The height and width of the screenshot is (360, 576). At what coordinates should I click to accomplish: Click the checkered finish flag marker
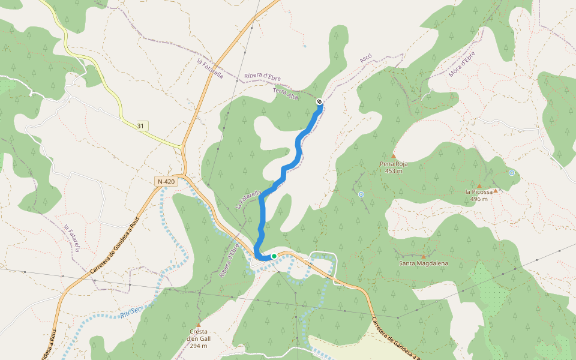click(x=319, y=101)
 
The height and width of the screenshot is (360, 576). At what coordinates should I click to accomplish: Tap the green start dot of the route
click(x=274, y=256)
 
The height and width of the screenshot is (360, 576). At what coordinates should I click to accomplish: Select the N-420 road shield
click(x=166, y=181)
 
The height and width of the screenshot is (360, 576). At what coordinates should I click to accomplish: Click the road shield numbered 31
click(x=140, y=126)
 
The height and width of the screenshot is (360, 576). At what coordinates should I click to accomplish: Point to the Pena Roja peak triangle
click(x=394, y=155)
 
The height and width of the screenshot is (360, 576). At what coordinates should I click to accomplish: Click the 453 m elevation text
click(x=394, y=170)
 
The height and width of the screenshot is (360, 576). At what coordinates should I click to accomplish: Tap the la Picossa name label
click(x=479, y=192)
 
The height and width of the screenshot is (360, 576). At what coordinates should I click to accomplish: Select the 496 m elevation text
click(x=479, y=199)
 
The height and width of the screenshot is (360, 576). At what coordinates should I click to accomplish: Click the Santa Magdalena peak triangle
click(x=423, y=256)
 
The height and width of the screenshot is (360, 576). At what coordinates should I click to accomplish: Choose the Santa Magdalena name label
click(x=423, y=263)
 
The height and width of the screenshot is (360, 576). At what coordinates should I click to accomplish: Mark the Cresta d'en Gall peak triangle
click(x=198, y=325)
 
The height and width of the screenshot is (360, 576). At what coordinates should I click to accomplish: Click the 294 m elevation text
click(x=198, y=346)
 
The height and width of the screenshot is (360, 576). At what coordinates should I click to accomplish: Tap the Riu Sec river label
click(x=130, y=311)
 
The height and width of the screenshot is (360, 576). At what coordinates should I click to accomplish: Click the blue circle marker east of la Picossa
click(x=512, y=173)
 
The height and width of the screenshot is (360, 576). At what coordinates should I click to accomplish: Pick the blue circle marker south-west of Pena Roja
click(x=361, y=194)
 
